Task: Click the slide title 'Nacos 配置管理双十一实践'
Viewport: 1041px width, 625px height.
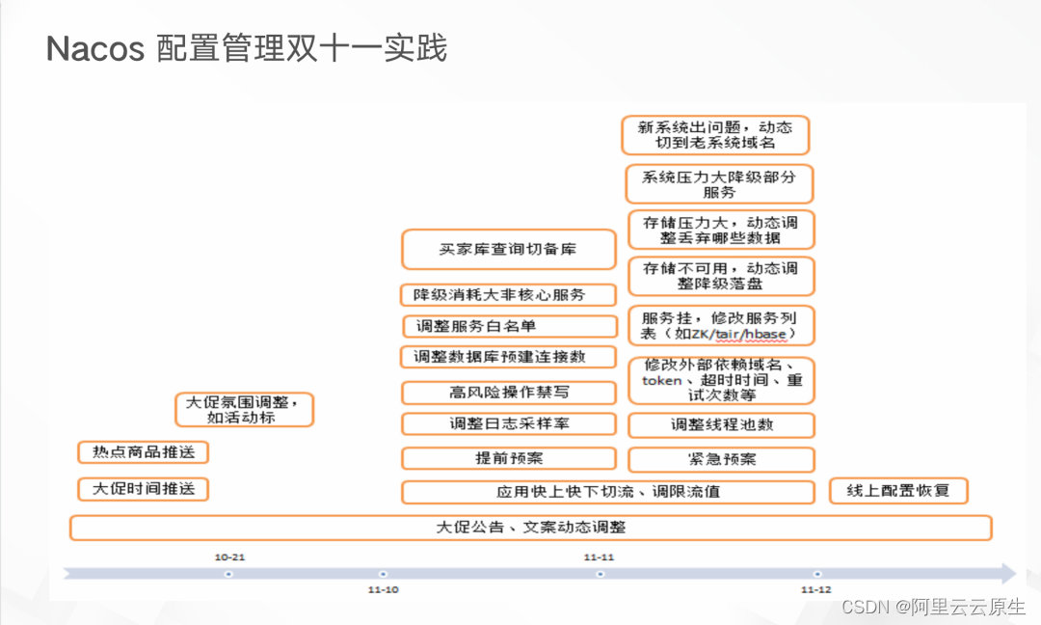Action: point(247,48)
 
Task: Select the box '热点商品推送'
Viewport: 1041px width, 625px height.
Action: point(143,452)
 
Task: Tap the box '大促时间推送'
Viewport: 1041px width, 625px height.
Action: point(143,489)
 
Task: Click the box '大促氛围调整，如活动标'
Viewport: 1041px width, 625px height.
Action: point(248,410)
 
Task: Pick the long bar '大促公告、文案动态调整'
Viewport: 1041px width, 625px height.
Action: point(530,528)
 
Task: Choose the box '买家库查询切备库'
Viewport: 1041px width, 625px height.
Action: point(508,249)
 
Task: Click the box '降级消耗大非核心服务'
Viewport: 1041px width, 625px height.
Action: point(508,294)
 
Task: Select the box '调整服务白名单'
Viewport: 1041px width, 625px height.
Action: point(509,326)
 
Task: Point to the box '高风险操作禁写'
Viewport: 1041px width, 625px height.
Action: point(508,393)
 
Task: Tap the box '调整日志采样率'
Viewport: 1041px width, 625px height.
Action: point(508,423)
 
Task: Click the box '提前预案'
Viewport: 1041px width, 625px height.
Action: point(508,458)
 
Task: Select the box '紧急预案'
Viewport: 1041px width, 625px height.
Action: point(721,458)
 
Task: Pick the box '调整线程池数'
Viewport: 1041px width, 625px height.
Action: point(721,424)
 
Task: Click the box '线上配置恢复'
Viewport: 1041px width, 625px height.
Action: point(898,490)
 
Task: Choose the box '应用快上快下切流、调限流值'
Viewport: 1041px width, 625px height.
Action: point(608,492)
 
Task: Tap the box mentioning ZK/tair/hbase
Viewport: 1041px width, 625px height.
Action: point(721,326)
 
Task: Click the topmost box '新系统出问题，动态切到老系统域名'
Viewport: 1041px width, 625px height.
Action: point(715,135)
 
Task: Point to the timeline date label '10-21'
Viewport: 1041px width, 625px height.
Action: point(229,557)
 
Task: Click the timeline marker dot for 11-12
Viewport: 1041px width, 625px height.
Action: point(817,574)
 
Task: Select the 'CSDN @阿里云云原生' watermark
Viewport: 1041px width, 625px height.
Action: point(933,607)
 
